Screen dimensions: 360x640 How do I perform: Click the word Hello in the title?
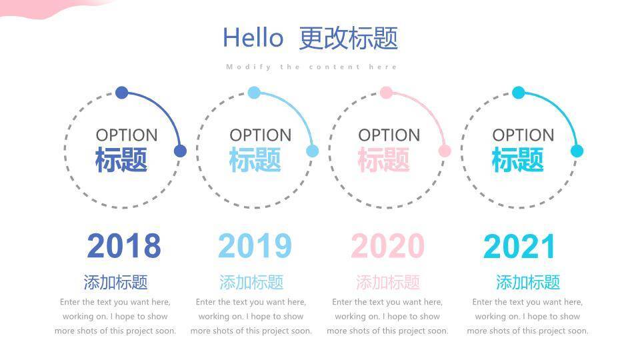pos(253,38)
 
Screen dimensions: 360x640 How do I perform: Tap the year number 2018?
pos(124,247)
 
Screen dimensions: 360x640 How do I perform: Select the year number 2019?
pos(255,247)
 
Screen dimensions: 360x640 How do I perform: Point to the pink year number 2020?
pos(387,247)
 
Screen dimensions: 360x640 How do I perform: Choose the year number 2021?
pos(519,247)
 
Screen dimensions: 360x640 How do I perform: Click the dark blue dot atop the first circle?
pos(121,93)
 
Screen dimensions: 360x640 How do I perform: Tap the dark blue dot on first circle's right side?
pos(180,151)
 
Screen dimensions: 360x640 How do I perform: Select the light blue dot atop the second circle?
pos(254,93)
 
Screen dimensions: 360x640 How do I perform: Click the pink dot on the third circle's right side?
pos(445,151)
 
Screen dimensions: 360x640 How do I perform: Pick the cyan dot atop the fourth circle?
pos(519,93)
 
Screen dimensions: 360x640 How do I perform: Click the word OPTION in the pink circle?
pos(389,135)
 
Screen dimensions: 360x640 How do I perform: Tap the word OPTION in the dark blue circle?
pos(127,135)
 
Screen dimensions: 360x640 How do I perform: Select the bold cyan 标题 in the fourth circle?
pos(518,160)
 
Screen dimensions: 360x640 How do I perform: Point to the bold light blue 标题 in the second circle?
pos(255,160)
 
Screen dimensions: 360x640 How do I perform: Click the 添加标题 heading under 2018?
pos(115,282)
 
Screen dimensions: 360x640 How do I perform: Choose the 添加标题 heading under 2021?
pos(528,282)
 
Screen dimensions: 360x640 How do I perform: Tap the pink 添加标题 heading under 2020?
pos(388,282)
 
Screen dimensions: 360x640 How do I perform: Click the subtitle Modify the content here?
pos(312,67)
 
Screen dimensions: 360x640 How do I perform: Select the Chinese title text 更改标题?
pos(349,38)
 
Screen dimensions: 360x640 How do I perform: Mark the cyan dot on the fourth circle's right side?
pos(577,151)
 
